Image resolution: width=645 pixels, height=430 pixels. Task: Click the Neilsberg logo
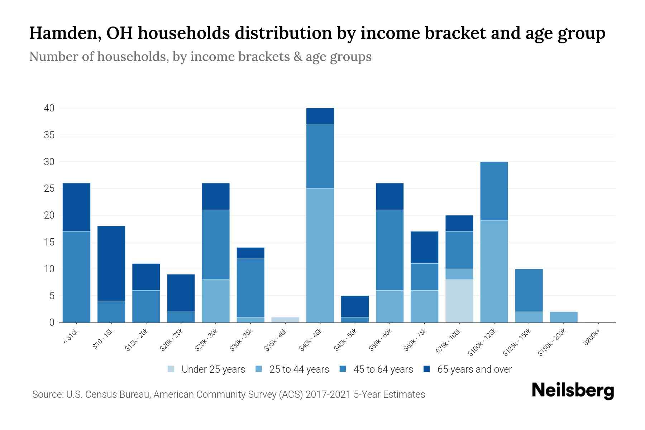point(573,391)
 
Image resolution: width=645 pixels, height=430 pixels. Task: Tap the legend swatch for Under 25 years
point(171,369)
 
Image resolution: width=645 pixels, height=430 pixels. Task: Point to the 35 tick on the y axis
point(49,135)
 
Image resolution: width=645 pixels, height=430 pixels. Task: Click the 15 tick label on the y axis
point(49,242)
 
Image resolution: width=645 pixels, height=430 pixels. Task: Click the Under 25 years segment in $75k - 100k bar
point(459,301)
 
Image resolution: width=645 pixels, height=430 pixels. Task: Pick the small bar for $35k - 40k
point(285,320)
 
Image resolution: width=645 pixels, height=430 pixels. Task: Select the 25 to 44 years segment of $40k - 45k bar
point(320,255)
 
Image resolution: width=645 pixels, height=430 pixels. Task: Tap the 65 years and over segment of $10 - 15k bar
point(111,263)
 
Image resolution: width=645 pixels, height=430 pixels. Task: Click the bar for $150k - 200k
point(563,317)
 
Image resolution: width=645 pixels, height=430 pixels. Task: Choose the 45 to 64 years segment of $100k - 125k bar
point(494,191)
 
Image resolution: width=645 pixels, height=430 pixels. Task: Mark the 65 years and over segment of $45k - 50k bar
point(355,306)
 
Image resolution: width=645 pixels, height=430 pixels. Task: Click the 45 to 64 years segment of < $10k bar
point(76,277)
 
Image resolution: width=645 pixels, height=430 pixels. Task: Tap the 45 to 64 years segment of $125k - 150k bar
point(529,290)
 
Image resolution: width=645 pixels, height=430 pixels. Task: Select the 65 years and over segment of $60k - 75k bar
point(424,247)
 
